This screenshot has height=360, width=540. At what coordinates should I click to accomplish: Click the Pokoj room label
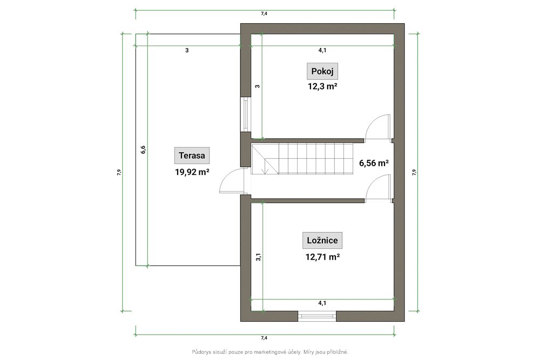tap(322, 71)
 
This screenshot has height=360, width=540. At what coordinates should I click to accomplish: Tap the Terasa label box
tap(192, 155)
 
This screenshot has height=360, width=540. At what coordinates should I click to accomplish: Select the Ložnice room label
tap(322, 240)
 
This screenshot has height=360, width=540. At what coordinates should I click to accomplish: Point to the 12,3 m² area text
tap(322, 86)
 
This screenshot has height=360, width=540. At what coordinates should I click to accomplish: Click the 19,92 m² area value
tap(192, 172)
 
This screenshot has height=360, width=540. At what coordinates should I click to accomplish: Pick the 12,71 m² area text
tap(323, 257)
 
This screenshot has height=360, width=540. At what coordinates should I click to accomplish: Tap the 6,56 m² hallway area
tap(374, 163)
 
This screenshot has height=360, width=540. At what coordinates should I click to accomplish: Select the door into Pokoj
tap(378, 127)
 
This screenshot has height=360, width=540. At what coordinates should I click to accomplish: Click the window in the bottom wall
tap(317, 316)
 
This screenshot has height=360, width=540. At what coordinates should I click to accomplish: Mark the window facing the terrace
tap(246, 114)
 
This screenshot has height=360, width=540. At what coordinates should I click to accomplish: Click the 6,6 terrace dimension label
tap(143, 150)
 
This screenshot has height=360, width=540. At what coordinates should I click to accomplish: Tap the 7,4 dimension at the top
tap(264, 14)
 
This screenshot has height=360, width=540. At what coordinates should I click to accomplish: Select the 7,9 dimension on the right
tap(414, 172)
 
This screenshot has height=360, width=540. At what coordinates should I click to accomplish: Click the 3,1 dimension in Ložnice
tap(258, 257)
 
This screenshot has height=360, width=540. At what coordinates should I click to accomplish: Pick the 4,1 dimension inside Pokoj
tap(322, 50)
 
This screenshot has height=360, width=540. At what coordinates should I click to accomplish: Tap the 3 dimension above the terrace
tap(187, 50)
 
